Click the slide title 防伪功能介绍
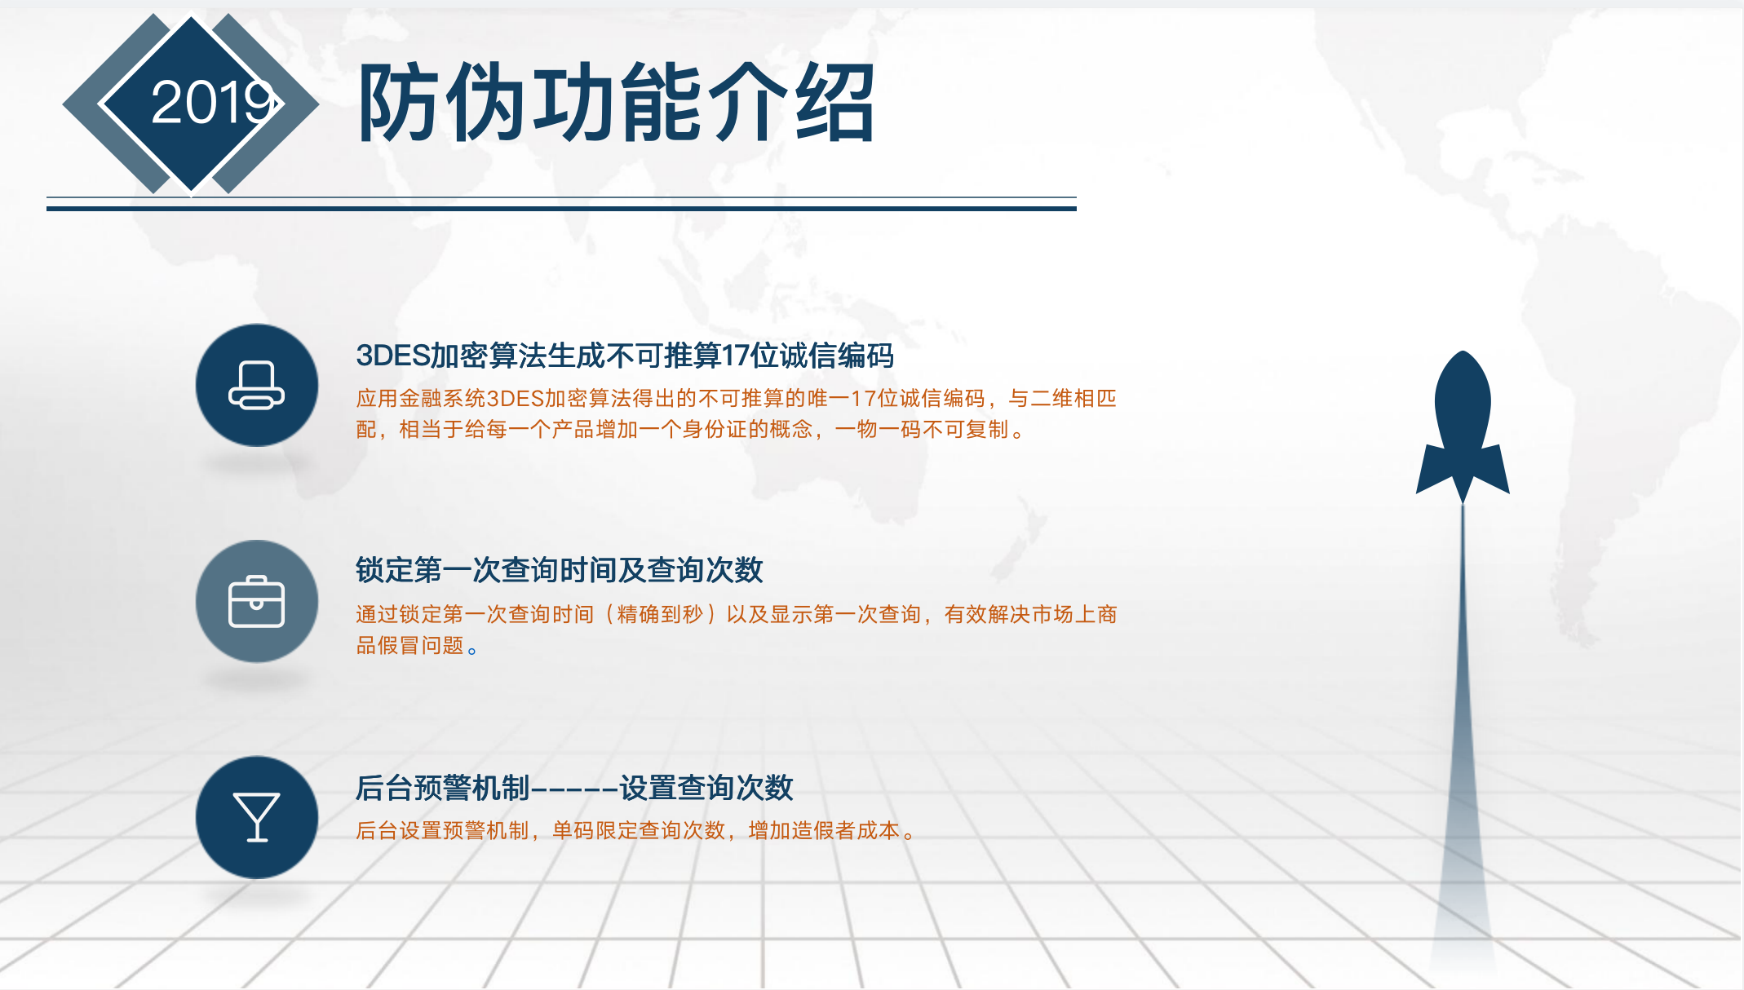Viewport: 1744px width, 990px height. pyautogui.click(x=617, y=104)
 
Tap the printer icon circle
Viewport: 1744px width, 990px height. pyautogui.click(x=257, y=385)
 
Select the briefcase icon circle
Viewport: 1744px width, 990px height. pyautogui.click(x=257, y=601)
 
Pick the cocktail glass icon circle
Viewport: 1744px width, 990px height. pyautogui.click(x=257, y=817)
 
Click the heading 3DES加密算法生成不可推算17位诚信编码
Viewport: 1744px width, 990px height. pyautogui.click(x=625, y=356)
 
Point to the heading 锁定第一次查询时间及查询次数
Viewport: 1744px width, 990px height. pyautogui.click(x=560, y=569)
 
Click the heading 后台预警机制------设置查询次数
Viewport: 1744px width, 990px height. pyautogui.click(x=574, y=788)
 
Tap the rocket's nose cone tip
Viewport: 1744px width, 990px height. pyautogui.click(x=1463, y=352)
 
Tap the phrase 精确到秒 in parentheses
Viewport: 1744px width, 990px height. pyautogui.click(x=660, y=614)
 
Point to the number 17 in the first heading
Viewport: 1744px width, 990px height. pyautogui.click(x=736, y=356)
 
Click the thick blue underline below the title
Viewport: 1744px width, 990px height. pyautogui.click(x=561, y=209)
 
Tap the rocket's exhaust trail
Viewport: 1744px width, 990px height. pyautogui.click(x=1463, y=734)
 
